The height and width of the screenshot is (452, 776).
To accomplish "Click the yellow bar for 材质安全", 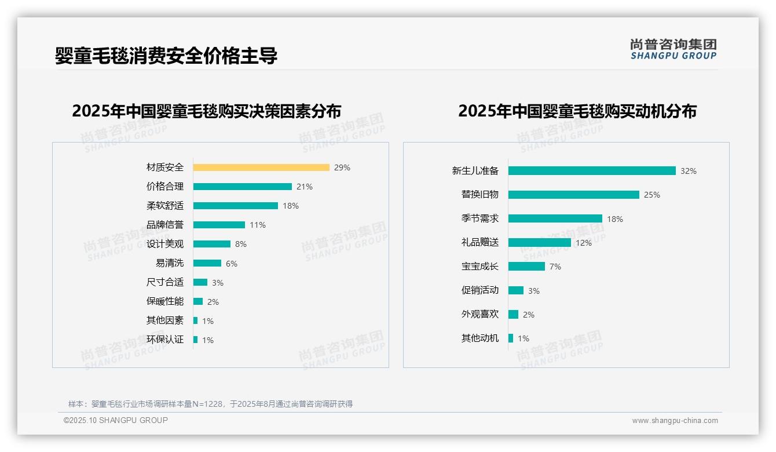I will [261, 167].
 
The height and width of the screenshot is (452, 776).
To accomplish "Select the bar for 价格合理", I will [242, 187].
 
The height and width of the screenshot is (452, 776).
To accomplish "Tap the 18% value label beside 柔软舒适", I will [291, 206].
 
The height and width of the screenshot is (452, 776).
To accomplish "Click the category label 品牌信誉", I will [165, 225].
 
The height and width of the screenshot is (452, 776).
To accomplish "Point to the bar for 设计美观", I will [211, 244].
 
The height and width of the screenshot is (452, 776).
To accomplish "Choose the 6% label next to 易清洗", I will [232, 264].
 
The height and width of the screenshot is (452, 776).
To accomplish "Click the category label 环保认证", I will [165, 340].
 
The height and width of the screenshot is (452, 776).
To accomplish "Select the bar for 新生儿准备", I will [592, 171].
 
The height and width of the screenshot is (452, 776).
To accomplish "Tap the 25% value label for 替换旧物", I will [652, 195].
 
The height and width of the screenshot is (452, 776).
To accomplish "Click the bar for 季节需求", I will [555, 218].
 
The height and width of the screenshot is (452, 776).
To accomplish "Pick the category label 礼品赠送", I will [479, 243].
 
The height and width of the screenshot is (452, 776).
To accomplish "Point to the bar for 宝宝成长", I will [526, 267].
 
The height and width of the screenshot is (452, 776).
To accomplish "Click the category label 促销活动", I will [479, 290].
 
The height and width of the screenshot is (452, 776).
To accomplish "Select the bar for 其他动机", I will [511, 338].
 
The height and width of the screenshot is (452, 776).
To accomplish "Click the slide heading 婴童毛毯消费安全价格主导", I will [166, 56].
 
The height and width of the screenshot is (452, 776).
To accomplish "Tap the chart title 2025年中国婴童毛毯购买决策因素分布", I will [207, 111].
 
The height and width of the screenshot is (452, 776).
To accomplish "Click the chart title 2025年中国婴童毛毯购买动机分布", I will [577, 111].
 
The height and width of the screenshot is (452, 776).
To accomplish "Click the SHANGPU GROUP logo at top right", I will [673, 49].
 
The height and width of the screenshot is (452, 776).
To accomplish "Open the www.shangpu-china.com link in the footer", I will [675, 421].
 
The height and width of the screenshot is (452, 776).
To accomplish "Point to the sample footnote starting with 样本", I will [210, 404].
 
